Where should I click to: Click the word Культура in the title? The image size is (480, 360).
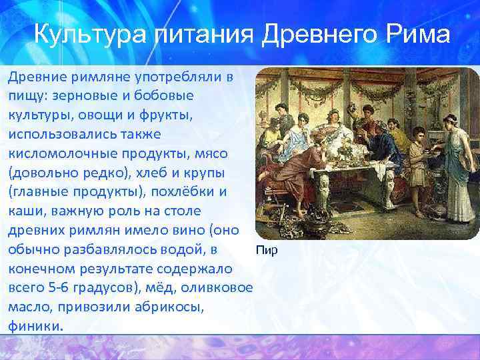click(91, 34)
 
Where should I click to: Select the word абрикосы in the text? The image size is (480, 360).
click(171, 308)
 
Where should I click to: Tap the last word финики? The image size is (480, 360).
click(37, 327)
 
